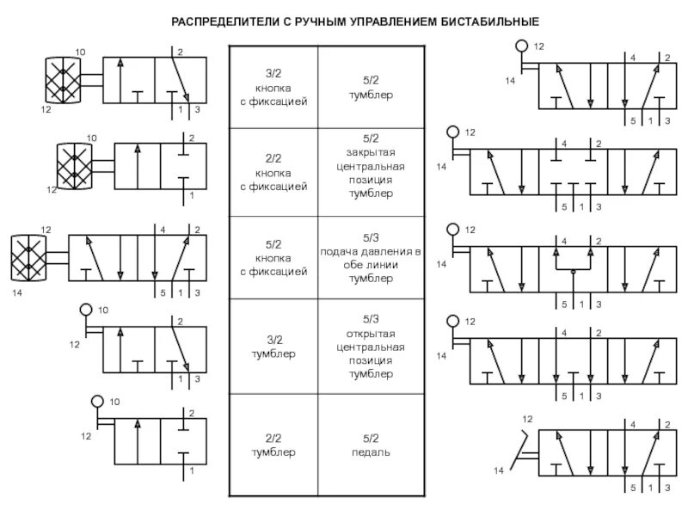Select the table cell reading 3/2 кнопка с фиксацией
(273, 87)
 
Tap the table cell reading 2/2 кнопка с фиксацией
(273, 173)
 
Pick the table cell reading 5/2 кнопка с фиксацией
(273, 257)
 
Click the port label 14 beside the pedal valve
(499, 470)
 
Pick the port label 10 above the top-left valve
(81, 53)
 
